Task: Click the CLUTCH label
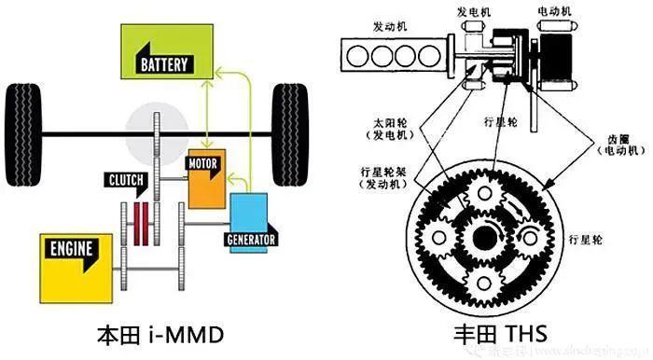click(x=130, y=179)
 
